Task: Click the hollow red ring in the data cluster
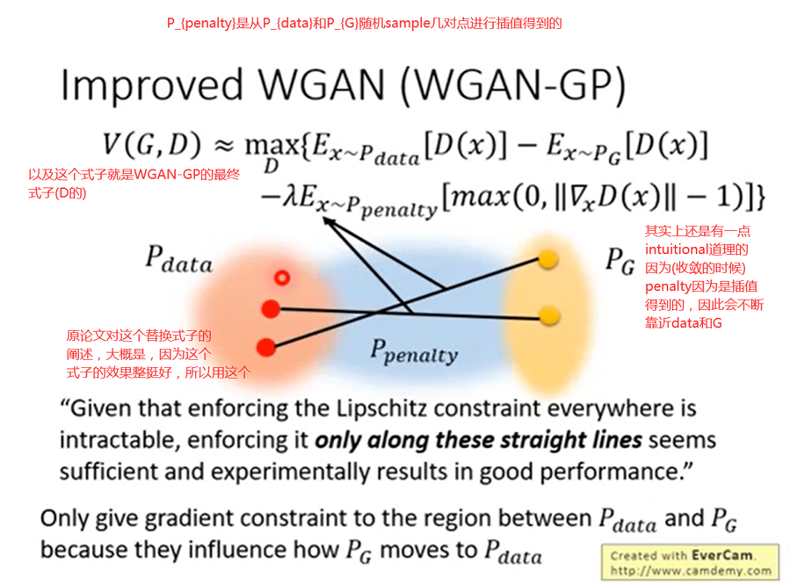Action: click(x=281, y=278)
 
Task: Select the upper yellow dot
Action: click(x=547, y=259)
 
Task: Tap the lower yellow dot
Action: click(x=548, y=314)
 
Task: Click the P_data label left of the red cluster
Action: click(x=178, y=261)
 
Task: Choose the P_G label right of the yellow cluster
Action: click(x=620, y=261)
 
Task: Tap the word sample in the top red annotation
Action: click(x=399, y=24)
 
